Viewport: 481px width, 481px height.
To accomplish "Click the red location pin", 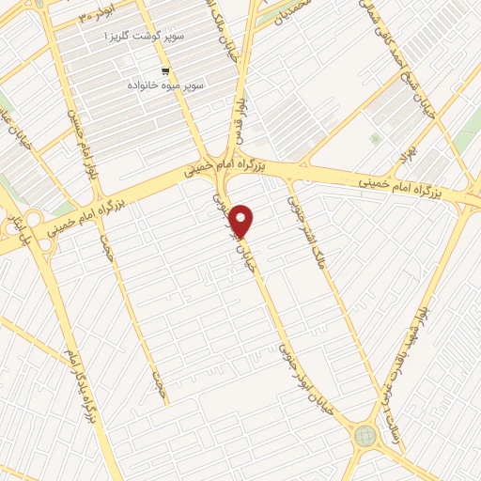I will click(242, 221).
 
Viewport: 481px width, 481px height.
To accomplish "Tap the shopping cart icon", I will click(166, 71).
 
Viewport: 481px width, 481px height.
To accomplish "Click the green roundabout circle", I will click(365, 436).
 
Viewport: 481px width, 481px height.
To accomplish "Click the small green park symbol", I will click(376, 138).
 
